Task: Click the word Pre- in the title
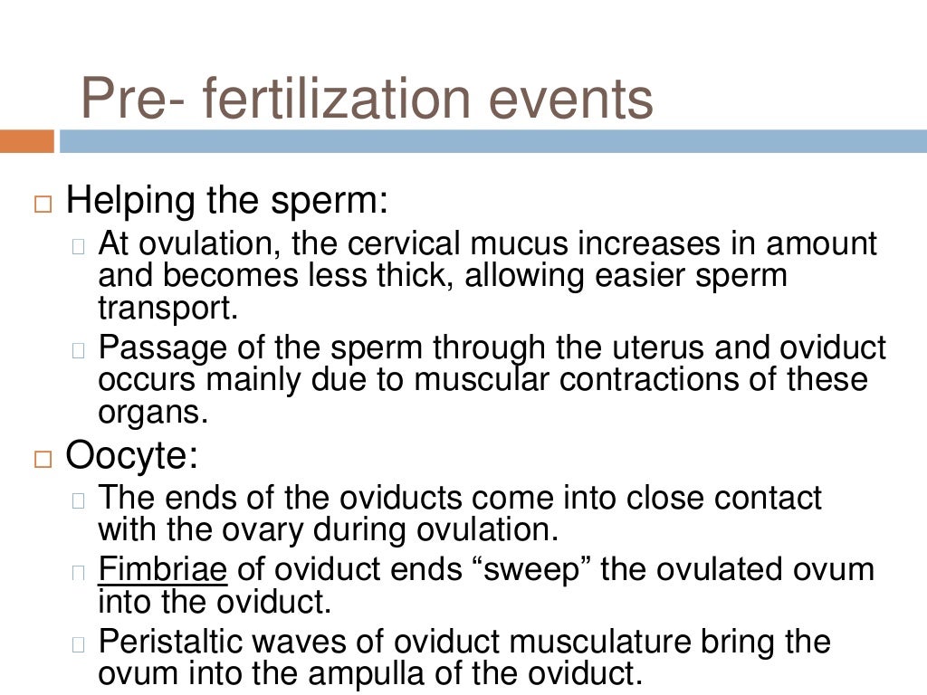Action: (x=126, y=100)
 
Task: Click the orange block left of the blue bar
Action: (x=26, y=142)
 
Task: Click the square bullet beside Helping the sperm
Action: (x=43, y=203)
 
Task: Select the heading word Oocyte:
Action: (x=132, y=456)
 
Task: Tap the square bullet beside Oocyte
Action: (x=43, y=459)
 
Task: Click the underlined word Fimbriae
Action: (x=163, y=570)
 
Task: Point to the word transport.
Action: (x=167, y=309)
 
